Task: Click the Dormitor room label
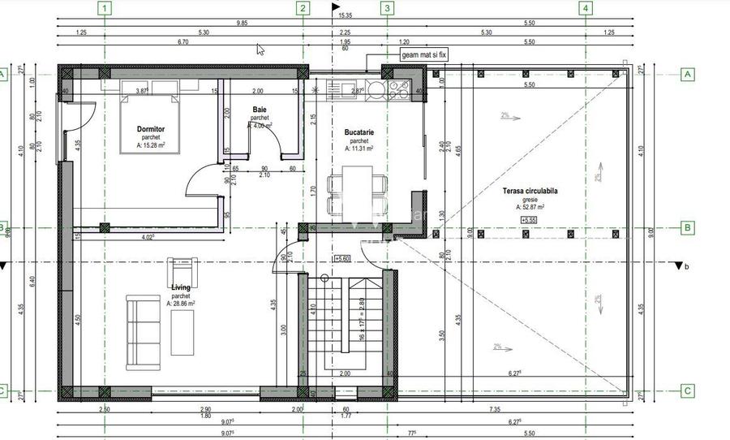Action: (x=151, y=128)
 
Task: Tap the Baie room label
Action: (x=260, y=109)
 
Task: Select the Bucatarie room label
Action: (x=358, y=132)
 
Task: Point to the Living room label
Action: (x=180, y=287)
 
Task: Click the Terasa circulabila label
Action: (x=530, y=191)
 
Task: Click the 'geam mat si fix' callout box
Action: (x=423, y=55)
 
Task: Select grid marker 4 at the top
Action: (x=586, y=9)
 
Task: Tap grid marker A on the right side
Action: (x=687, y=74)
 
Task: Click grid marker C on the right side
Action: (x=687, y=390)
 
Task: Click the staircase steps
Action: (x=345, y=325)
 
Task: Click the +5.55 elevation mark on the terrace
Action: (x=530, y=219)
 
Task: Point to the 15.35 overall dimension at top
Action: (x=345, y=15)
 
